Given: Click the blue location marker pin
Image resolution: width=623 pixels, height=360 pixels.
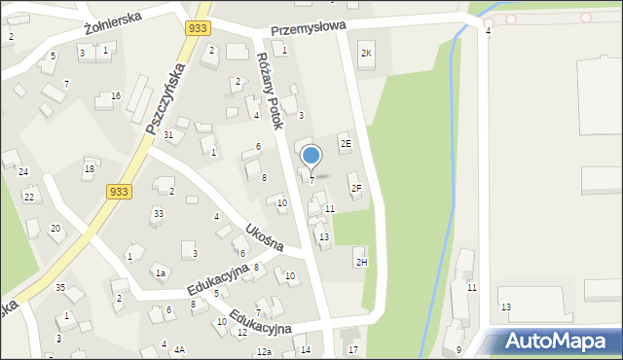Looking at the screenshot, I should click(x=311, y=156).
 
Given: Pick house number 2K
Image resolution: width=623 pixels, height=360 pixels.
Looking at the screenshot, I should click(x=367, y=53).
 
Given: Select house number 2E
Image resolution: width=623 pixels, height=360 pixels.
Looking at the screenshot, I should click(x=346, y=144).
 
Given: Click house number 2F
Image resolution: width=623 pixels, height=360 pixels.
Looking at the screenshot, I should click(x=356, y=188).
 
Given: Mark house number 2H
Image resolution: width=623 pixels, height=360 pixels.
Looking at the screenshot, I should click(x=362, y=262).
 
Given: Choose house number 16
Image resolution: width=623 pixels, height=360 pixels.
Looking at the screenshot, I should click(x=116, y=95).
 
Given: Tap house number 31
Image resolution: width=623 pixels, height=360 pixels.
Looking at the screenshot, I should click(x=168, y=134).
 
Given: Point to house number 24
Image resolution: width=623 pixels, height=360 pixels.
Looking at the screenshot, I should click(x=22, y=171).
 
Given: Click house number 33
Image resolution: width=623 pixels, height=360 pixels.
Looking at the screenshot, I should click(x=157, y=212).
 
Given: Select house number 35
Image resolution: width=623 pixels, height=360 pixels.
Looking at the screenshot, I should click(x=59, y=287).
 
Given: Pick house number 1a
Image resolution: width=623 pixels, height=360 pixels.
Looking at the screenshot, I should click(x=161, y=273).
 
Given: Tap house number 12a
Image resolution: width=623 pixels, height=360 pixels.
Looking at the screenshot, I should click(x=264, y=351).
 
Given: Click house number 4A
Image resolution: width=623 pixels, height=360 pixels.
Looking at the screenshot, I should click(x=179, y=348).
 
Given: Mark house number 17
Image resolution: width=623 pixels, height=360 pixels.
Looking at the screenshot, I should click(x=353, y=349).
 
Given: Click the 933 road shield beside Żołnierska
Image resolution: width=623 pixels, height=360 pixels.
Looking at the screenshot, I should click(x=198, y=30).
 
